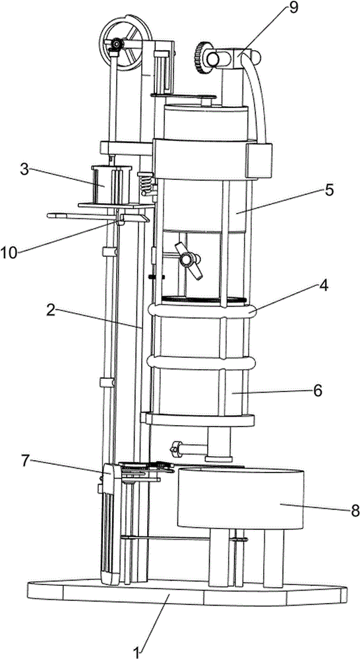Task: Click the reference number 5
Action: tap(328, 190)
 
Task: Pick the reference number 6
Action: tap(317, 390)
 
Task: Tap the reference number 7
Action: tap(25, 461)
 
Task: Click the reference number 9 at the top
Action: tap(293, 9)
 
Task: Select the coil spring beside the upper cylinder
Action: tap(146, 183)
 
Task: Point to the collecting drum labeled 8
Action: tap(241, 498)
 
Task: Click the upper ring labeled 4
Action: tap(202, 312)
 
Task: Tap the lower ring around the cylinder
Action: tap(202, 362)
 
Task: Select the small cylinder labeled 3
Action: tap(111, 184)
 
